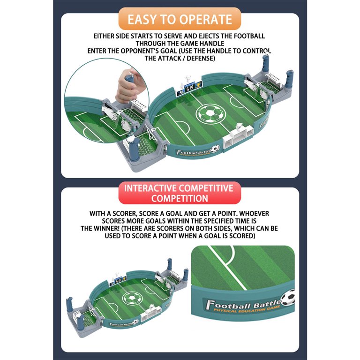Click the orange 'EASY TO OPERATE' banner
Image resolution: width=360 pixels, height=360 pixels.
(x=180, y=19)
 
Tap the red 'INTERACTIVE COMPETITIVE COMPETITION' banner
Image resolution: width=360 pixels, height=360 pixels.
(x=180, y=193)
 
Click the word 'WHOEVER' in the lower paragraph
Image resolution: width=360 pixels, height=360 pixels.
(x=254, y=214)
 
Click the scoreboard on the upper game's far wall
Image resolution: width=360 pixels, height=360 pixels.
(x=189, y=88)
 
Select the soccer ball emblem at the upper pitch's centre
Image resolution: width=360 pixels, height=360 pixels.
(x=211, y=113)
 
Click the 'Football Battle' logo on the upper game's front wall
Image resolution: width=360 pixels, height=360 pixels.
(x=197, y=151)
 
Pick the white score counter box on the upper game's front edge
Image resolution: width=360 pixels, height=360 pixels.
(x=238, y=137)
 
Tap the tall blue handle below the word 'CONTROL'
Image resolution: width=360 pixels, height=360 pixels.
(x=265, y=63)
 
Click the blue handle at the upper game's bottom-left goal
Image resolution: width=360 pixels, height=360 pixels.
(x=135, y=149)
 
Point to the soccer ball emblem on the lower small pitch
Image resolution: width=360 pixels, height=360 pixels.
(x=133, y=298)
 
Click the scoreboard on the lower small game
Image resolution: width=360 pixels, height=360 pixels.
(x=118, y=281)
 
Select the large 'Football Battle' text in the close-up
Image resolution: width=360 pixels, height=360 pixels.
(x=243, y=304)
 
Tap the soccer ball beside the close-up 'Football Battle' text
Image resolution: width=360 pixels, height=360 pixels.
(x=288, y=298)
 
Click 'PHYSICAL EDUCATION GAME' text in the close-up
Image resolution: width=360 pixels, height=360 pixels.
(x=247, y=309)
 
